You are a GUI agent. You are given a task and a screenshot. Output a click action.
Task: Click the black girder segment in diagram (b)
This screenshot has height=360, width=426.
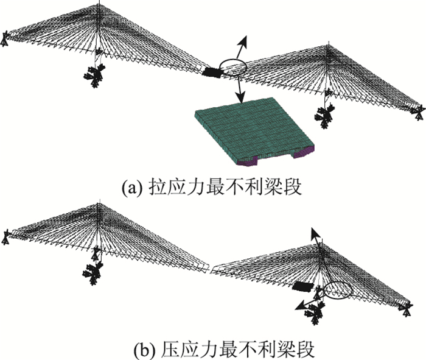302,286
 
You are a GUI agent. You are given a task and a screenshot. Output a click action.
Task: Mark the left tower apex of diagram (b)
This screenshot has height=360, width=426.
97,206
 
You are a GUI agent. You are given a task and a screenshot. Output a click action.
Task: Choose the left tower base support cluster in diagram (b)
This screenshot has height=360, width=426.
94,268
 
